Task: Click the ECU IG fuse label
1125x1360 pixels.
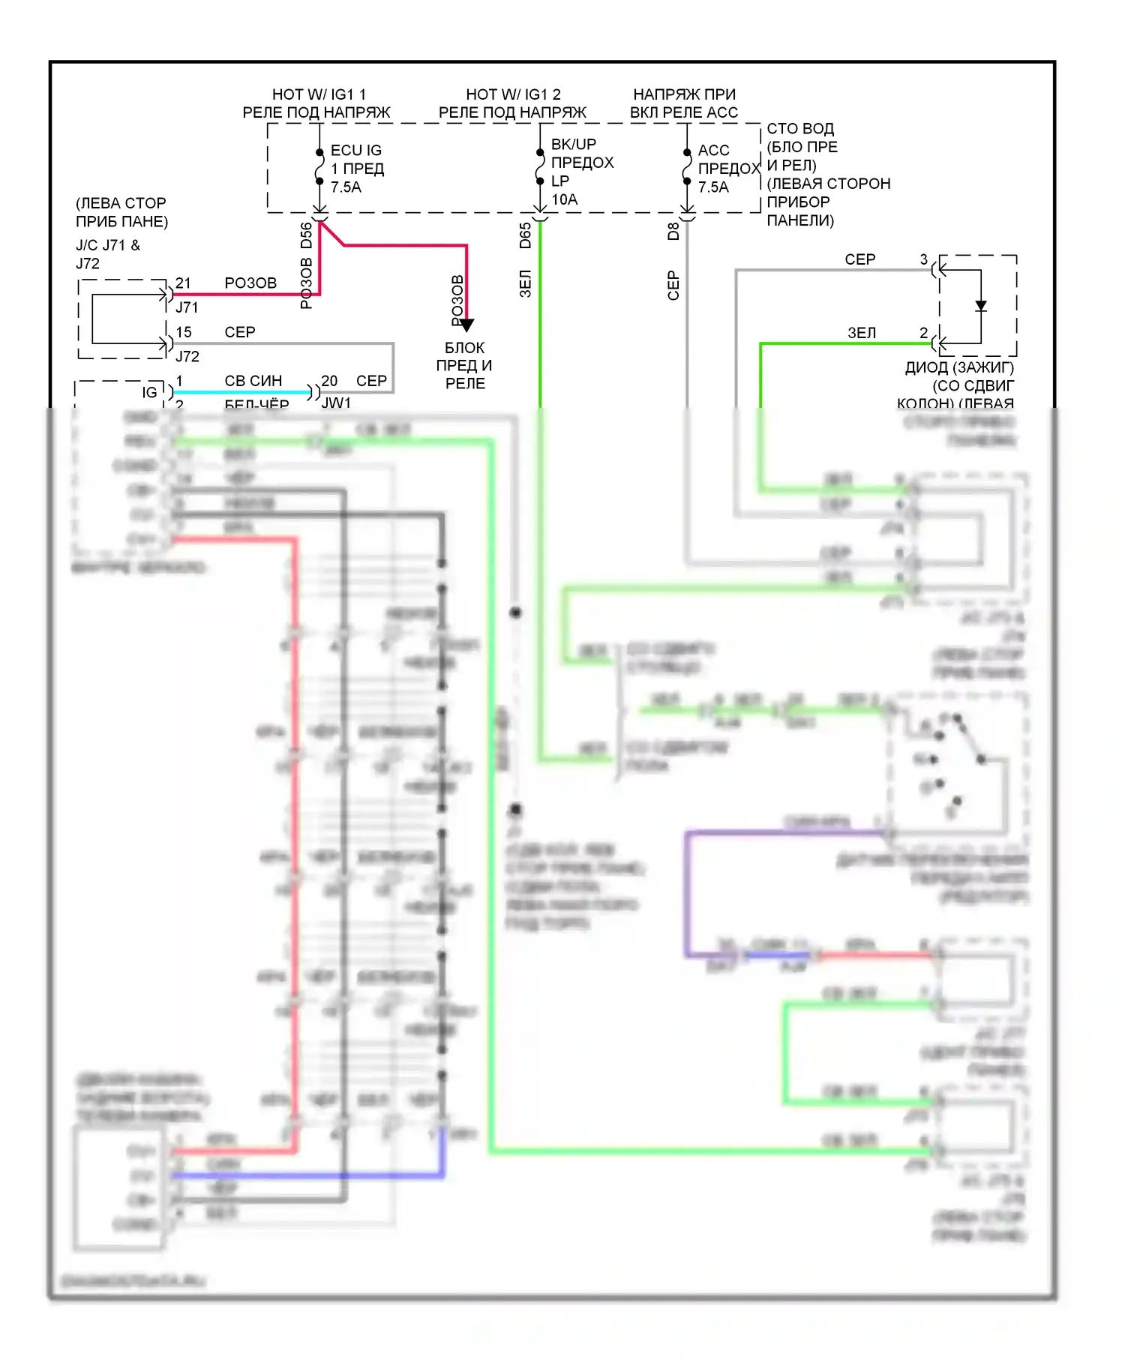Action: click(x=356, y=151)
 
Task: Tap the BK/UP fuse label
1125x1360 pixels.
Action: click(x=574, y=144)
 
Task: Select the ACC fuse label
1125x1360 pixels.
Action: click(x=713, y=151)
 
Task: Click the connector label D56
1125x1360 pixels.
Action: click(x=306, y=235)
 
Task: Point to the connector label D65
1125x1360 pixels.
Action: click(x=525, y=235)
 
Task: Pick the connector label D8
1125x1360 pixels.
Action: click(x=673, y=232)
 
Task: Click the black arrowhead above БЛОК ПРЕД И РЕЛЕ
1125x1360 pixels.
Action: click(x=466, y=325)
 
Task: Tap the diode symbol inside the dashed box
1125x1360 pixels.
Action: click(x=981, y=306)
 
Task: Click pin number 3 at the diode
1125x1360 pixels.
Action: click(x=924, y=259)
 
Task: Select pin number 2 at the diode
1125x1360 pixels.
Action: click(x=924, y=333)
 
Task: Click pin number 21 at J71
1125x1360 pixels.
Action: click(x=183, y=283)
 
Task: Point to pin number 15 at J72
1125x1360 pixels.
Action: click(x=184, y=332)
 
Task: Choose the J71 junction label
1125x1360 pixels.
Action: click(x=187, y=307)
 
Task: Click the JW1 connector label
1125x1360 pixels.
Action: click(x=336, y=403)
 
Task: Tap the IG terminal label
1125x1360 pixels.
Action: click(x=150, y=392)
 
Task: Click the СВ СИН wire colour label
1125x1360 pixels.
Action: click(x=253, y=381)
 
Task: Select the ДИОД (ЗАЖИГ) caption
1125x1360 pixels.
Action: click(x=959, y=367)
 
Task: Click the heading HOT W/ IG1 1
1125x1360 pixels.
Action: click(x=319, y=94)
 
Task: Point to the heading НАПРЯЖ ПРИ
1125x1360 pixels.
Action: click(x=684, y=94)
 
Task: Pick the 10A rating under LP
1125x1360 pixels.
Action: click(x=565, y=199)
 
